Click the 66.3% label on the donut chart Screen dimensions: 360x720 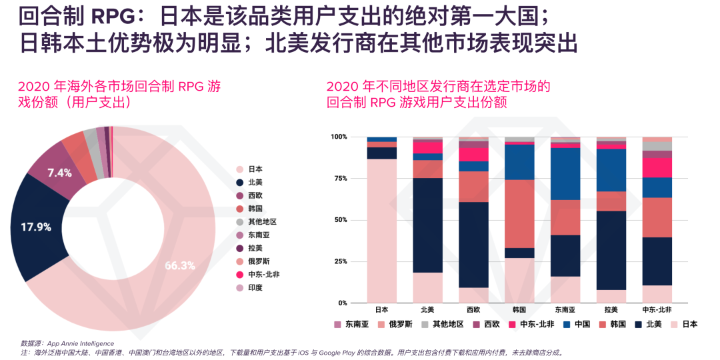179,265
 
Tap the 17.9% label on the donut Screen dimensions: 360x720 36,227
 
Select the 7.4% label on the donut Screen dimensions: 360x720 59,173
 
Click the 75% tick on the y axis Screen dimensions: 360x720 339,178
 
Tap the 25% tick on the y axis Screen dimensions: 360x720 339,261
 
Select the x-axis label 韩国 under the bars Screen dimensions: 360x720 519,309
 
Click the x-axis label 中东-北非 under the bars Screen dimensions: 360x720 657,309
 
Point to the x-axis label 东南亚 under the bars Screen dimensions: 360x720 565,309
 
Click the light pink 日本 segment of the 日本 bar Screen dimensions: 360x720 381,230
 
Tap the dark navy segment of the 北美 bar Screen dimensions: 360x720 427,225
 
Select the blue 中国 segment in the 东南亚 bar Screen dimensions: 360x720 565,173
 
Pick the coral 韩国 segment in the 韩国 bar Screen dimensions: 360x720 519,213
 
